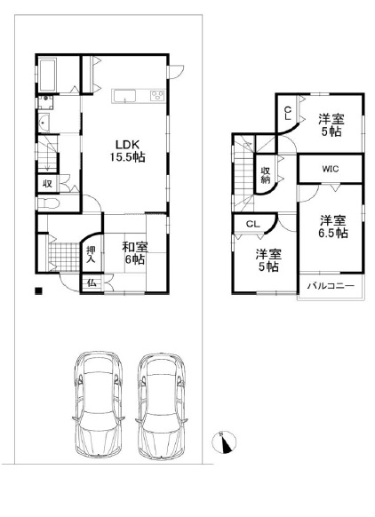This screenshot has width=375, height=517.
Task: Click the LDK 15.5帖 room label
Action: point(127,151)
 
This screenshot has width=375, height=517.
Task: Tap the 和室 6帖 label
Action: point(134,253)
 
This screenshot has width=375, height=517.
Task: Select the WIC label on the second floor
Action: point(331,169)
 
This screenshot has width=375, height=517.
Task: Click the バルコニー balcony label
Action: point(331,286)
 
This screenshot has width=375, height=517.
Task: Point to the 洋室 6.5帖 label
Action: point(332,227)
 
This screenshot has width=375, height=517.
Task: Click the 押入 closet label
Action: point(91,255)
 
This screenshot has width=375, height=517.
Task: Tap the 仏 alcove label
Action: point(92,282)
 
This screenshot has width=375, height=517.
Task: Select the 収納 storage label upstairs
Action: point(266,175)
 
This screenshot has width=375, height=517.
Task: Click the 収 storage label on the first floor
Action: point(48,184)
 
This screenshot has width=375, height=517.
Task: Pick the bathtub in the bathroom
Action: point(47,76)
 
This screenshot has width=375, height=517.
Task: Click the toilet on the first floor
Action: point(48,203)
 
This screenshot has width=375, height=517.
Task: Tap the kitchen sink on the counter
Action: point(124,97)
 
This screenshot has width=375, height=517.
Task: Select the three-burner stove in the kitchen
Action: point(157,96)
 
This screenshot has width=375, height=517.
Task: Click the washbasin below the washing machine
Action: point(44,123)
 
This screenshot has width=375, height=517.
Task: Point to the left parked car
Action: point(99,404)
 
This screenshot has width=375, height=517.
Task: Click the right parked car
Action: point(161,406)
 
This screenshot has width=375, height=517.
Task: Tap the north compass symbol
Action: point(224,442)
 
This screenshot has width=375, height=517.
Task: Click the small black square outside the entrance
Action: point(39,291)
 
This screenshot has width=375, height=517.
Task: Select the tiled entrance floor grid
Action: point(65,257)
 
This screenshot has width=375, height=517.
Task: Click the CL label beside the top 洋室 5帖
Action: point(288,113)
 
